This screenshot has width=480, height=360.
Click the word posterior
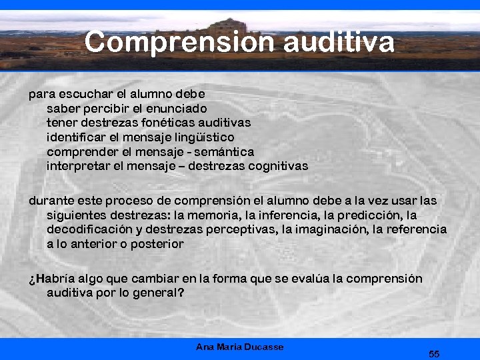click(x=158, y=245)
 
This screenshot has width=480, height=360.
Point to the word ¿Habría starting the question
click(x=51, y=279)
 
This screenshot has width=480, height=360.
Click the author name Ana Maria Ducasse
click(x=240, y=347)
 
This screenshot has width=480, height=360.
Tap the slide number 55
click(x=434, y=353)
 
